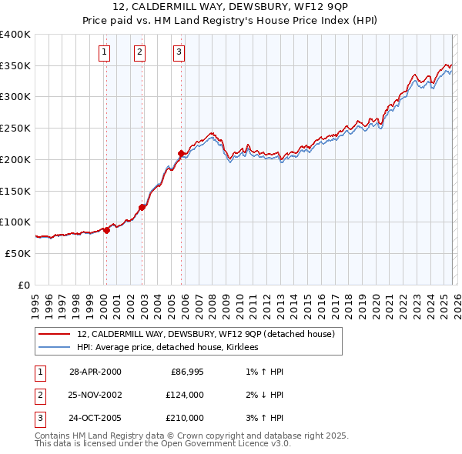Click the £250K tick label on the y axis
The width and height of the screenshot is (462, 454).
(15, 128)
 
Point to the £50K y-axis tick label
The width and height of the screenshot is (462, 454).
(18, 253)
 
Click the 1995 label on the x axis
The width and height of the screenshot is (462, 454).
(35, 300)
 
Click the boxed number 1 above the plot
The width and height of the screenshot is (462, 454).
(104, 52)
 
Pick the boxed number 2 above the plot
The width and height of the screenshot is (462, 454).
(139, 52)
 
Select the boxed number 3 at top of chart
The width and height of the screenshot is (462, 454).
(179, 52)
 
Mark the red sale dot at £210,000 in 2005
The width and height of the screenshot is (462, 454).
(181, 152)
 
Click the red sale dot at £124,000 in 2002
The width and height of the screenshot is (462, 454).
(142, 207)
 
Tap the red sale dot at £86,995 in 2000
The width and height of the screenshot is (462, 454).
(106, 230)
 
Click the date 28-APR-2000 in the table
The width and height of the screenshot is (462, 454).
(95, 372)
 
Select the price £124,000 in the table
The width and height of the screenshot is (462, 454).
(185, 395)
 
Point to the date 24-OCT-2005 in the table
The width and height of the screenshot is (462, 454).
(95, 418)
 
